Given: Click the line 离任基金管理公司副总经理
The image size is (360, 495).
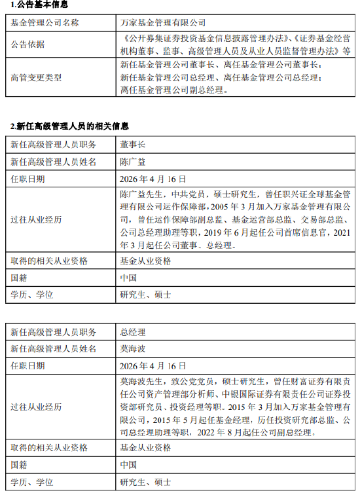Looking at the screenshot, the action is pos(173,90).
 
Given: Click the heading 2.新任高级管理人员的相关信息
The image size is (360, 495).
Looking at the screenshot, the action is pos(69,126).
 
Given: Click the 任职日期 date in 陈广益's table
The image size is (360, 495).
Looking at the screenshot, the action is pos(153,178).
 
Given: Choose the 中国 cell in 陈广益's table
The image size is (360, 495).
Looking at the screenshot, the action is pos(128,278).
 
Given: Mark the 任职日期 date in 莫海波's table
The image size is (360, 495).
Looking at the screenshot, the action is pos(153,366).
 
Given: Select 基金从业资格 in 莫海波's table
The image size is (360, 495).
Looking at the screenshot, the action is pos(145,448).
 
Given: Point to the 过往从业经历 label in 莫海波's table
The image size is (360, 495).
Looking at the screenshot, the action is pos(37,407).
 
